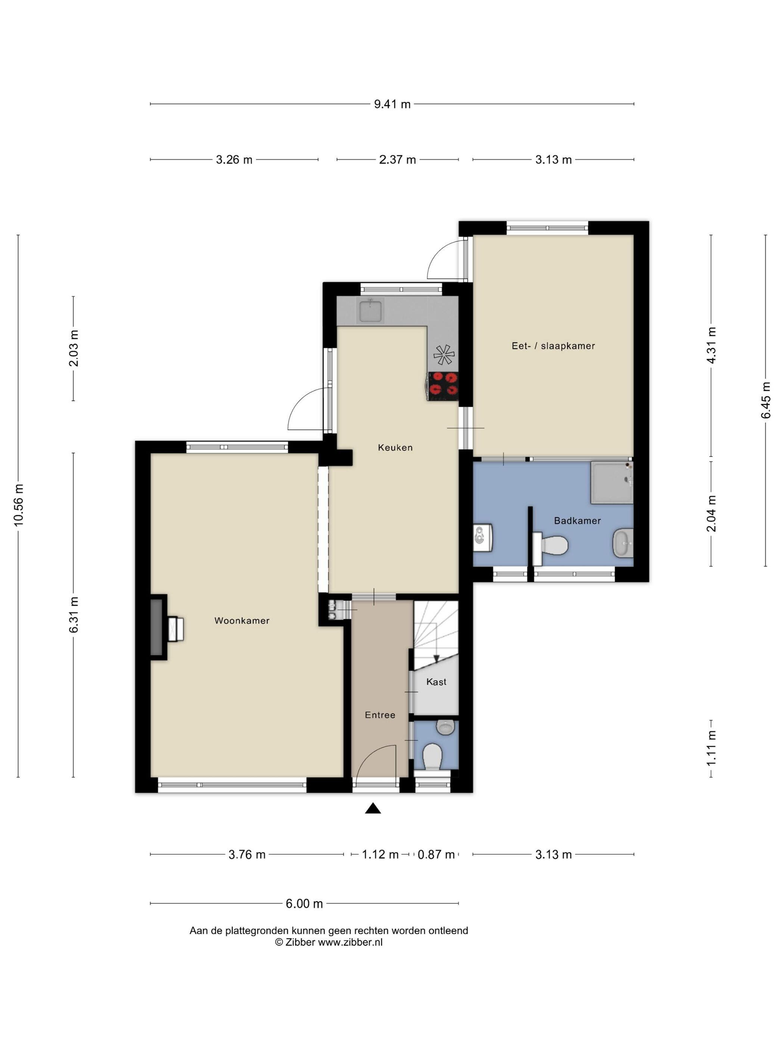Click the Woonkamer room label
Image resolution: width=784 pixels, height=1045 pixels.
coord(242,620)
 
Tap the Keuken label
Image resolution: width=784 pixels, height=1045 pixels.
coord(395,447)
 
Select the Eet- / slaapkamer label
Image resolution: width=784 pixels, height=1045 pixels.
coord(553,346)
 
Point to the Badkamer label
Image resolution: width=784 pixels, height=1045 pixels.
coord(577,521)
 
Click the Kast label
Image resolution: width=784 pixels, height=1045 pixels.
coord(436,682)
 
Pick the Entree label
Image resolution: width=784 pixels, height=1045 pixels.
coord(380,715)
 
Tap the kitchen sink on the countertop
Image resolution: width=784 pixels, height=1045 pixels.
coord(371,311)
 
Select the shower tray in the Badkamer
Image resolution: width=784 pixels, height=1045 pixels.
coord(612,482)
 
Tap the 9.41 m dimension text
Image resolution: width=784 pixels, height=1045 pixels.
coord(392,104)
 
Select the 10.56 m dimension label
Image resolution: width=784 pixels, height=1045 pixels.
coord(18,505)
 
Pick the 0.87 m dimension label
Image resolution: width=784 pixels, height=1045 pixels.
coord(436,854)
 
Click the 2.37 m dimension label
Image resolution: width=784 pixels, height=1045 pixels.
coord(398,160)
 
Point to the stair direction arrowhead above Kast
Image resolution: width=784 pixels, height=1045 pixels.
coord(436,659)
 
